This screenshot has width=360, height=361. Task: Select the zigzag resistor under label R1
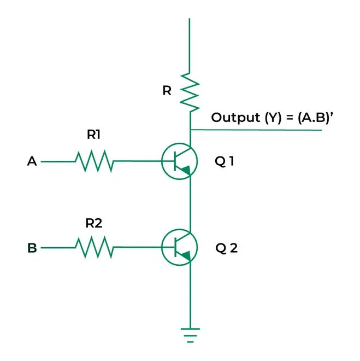(94, 161)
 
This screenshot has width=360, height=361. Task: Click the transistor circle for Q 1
(179, 162)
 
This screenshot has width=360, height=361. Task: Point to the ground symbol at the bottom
(190, 334)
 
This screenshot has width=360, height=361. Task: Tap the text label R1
(93, 135)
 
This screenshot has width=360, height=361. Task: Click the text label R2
(93, 223)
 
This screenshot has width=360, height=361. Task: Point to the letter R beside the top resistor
(167, 91)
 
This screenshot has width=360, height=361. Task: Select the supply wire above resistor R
(190, 44)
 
